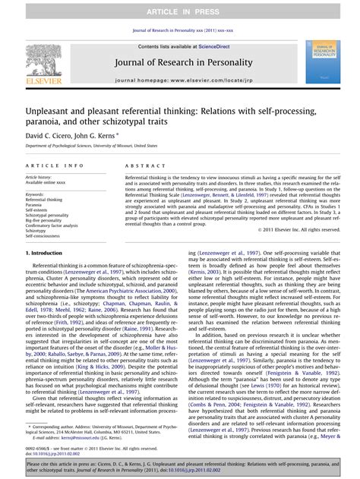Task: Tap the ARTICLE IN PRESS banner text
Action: [x=179, y=9]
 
